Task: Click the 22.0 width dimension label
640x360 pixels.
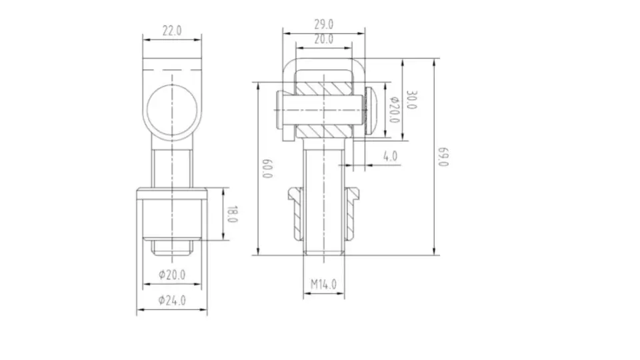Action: click(172, 31)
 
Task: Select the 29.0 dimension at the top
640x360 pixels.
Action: click(323, 23)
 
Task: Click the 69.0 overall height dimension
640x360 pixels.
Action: click(442, 158)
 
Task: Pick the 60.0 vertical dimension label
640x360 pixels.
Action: click(267, 168)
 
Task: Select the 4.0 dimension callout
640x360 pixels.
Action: click(390, 156)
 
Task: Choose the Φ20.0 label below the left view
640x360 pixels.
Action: click(172, 274)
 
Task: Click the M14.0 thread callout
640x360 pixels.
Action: click(323, 284)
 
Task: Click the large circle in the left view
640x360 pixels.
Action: click(173, 109)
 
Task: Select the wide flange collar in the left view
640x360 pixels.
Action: click(172, 194)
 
